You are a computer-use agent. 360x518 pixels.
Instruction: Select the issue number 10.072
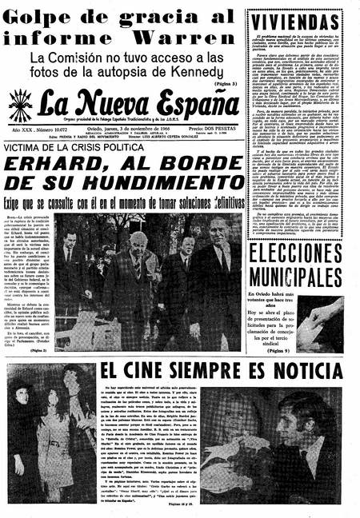[54, 127]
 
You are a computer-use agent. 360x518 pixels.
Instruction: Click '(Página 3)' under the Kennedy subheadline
[225, 83]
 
